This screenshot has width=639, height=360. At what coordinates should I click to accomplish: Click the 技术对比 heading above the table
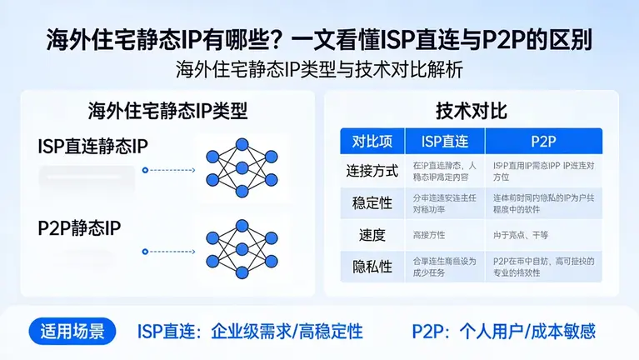tap(472, 111)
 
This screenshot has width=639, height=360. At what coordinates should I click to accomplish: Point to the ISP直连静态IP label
tap(92, 146)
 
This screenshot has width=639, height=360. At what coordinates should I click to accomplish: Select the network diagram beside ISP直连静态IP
tap(242, 162)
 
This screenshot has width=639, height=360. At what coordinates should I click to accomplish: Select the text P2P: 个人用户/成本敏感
tap(503, 331)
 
